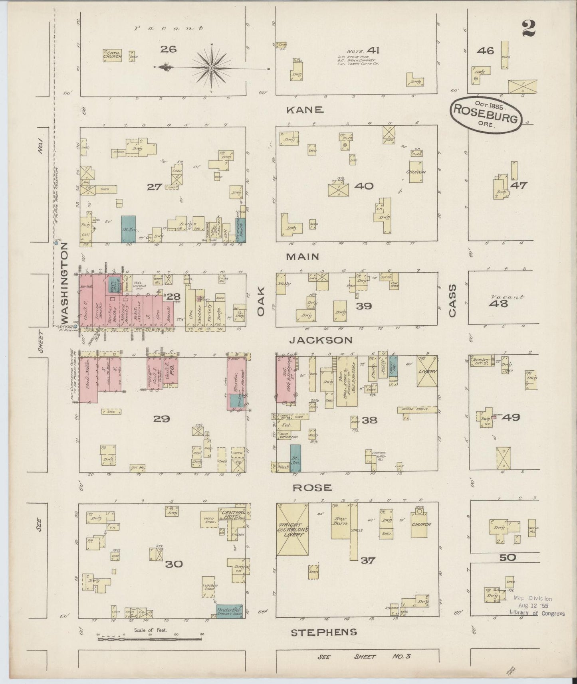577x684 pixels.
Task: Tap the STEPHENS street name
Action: point(323,632)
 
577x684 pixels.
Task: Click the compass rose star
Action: point(211,69)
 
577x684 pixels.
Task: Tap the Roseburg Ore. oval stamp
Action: point(486,115)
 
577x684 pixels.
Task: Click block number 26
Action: point(168,49)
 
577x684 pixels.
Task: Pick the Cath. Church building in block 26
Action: point(112,55)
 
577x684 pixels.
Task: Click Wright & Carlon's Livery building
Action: point(293,529)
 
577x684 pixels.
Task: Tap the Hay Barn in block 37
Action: point(340,520)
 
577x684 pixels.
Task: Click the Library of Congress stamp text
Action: point(537,613)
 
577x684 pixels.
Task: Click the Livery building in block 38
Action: point(427,371)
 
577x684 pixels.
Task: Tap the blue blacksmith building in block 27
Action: point(128,229)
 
